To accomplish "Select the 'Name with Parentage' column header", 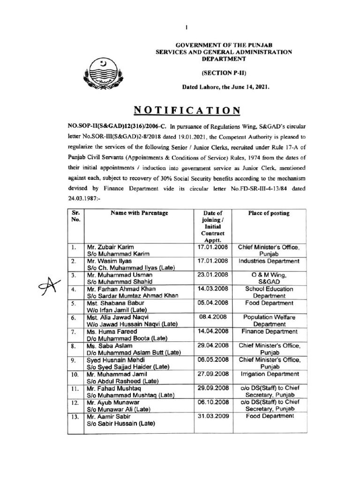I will (139, 213).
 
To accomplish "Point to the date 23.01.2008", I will (213, 275).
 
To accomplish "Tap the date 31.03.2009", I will (213, 416).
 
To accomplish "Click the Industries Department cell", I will (269, 261).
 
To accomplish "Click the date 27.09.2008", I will (213, 374).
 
